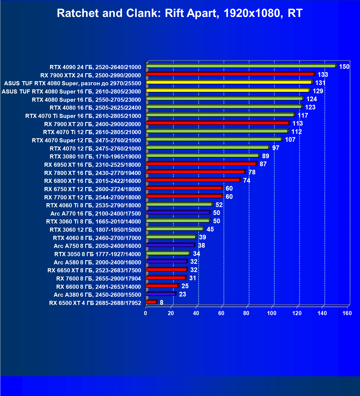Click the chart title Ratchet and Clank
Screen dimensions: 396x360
coord(180,13)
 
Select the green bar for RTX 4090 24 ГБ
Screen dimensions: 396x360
coord(241,66)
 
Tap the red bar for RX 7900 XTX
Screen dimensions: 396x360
coord(230,74)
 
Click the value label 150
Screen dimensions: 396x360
coord(344,67)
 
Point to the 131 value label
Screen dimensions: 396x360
coord(320,83)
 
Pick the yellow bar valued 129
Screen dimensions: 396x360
coord(228,90)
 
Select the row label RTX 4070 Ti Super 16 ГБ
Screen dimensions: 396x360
coord(83,116)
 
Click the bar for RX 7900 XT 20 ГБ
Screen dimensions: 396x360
coord(217,123)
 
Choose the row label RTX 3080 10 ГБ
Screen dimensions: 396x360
coord(95,157)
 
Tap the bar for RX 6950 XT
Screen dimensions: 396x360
coord(201,164)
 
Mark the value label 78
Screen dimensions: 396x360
coord(252,172)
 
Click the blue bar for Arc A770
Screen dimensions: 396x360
coord(178,213)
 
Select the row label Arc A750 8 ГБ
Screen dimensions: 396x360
coord(97,246)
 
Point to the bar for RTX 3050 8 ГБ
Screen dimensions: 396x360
coord(168,253)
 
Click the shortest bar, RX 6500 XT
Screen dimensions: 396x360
coord(151,302)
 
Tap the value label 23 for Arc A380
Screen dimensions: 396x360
coord(182,294)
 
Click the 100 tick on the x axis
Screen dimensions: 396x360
coord(272,313)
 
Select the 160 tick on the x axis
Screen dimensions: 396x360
coord(347,313)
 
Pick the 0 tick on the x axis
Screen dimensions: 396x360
coord(146,313)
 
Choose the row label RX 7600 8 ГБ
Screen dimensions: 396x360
coord(98,279)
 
